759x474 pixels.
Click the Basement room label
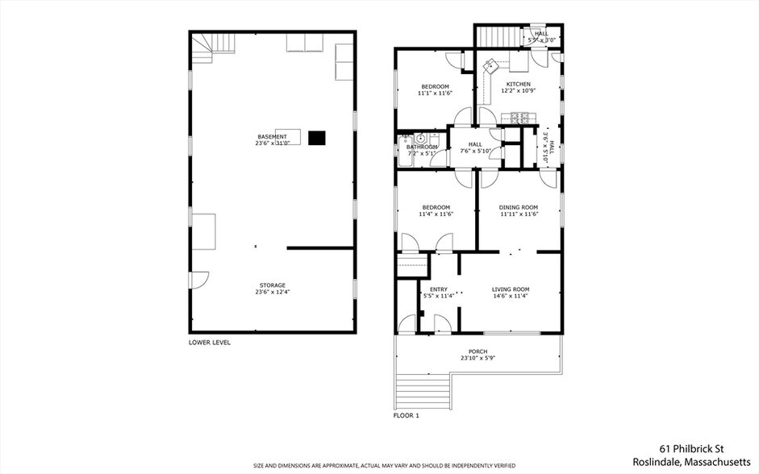coord(272,137)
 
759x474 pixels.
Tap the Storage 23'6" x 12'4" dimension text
coord(273,292)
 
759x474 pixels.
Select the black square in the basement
coord(316,138)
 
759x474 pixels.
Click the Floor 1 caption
coord(406,415)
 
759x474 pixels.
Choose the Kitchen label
coord(519,84)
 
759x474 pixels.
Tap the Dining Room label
coord(519,207)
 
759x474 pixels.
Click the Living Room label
coord(511,289)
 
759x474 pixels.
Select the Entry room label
coord(439,289)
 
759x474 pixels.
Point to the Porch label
coord(478,351)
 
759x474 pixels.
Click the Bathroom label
coord(422,147)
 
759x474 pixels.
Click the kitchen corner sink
coord(490,64)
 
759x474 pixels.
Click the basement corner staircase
coord(211,47)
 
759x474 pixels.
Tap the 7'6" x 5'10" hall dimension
coord(475,151)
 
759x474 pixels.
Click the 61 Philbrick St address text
coord(692,449)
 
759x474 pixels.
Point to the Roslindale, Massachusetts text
coord(691,461)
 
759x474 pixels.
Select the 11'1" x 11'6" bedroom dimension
coord(435,93)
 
